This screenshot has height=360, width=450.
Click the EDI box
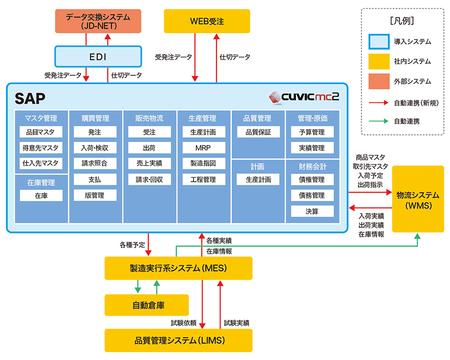pyautogui.click(x=97, y=57)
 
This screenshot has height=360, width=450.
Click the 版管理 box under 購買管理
pyautogui.click(x=94, y=195)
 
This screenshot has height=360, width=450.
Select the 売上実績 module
pyautogui.click(x=149, y=164)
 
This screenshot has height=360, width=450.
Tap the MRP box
pyautogui.click(x=204, y=148)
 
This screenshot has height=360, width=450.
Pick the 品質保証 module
pyautogui.click(x=258, y=132)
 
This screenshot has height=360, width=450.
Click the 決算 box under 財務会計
pyautogui.click(x=312, y=211)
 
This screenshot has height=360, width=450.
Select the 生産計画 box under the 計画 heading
pyautogui.click(x=258, y=179)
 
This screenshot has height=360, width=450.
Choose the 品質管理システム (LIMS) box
pyautogui.click(x=178, y=340)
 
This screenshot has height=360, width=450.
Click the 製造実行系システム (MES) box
pyautogui.click(x=178, y=268)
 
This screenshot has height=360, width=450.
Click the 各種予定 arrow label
pyautogui.click(x=132, y=245)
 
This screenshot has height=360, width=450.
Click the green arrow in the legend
pyautogui.click(x=380, y=120)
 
